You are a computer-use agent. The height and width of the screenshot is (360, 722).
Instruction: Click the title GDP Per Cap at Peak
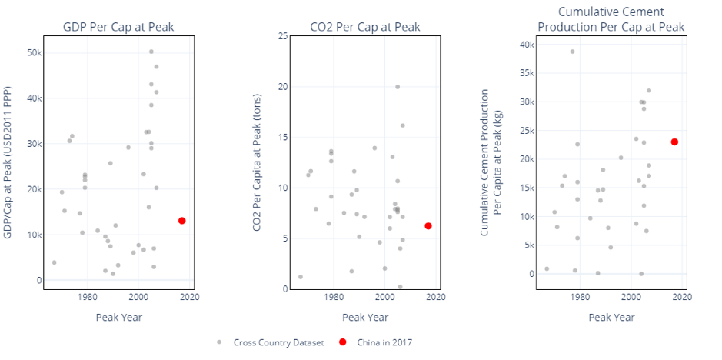[x=118, y=28]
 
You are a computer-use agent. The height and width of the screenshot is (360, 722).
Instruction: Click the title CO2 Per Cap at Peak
[x=365, y=28]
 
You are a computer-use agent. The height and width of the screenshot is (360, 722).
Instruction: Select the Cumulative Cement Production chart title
[x=611, y=19]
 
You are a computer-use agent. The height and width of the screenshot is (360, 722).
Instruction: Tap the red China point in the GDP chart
[x=181, y=221]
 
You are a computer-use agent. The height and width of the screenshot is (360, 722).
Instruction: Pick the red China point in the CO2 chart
[x=428, y=226]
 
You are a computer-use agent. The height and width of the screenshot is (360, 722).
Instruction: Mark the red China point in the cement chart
[x=674, y=142]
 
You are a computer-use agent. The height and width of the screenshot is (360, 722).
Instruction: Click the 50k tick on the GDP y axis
[x=34, y=52]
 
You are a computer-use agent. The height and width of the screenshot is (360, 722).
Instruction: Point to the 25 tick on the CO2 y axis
[x=283, y=36]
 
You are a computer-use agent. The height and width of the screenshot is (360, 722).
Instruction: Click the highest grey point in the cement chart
[x=572, y=52]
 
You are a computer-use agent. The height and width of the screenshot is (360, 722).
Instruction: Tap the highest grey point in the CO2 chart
[x=398, y=87]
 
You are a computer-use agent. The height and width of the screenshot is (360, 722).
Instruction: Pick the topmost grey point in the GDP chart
[x=151, y=52]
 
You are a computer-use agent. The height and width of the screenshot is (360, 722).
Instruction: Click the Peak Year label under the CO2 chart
[x=365, y=317]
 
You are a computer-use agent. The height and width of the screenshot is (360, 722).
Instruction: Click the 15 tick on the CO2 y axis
[x=283, y=137]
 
